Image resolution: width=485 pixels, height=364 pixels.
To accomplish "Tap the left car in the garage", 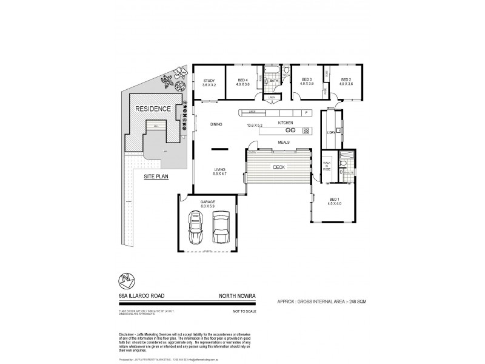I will coord(196,227).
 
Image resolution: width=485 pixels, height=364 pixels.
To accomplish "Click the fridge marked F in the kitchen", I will coord(306,113).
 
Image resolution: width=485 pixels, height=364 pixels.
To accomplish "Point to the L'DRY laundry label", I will coord(331,132).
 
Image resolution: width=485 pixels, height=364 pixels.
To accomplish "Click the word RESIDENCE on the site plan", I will coord(153,109).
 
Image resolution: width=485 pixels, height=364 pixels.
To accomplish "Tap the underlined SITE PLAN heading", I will coord(156,177).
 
